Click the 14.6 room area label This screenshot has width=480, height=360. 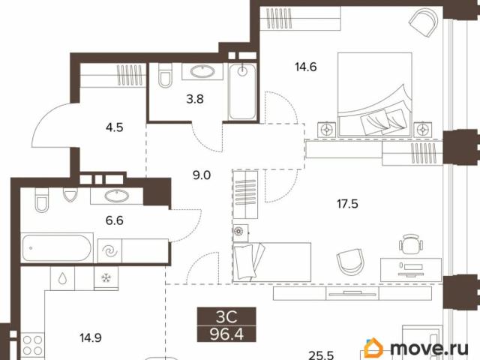[305, 67]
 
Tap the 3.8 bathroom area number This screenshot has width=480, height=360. [195, 99]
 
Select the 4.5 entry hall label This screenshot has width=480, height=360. [115, 127]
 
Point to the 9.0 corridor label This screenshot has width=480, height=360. [202, 175]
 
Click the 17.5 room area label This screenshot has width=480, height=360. [347, 203]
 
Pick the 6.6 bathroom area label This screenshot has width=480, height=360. [115, 220]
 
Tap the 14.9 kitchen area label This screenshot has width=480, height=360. [91, 338]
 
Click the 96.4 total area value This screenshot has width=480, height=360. [226, 334]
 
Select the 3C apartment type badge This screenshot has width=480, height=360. [226, 317]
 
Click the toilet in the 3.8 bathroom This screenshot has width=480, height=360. [165, 75]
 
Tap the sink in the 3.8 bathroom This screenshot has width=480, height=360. [202, 71]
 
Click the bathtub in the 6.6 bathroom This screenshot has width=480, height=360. [57, 248]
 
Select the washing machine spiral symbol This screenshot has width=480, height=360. [109, 251]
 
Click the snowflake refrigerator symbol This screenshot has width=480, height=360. [106, 278]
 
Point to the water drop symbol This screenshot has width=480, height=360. [62, 278]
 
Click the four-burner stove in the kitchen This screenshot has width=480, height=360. [32, 345]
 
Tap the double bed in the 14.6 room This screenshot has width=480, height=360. [375, 94]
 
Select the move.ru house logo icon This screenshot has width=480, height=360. [373, 347]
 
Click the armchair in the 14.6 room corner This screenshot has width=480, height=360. [424, 22]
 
